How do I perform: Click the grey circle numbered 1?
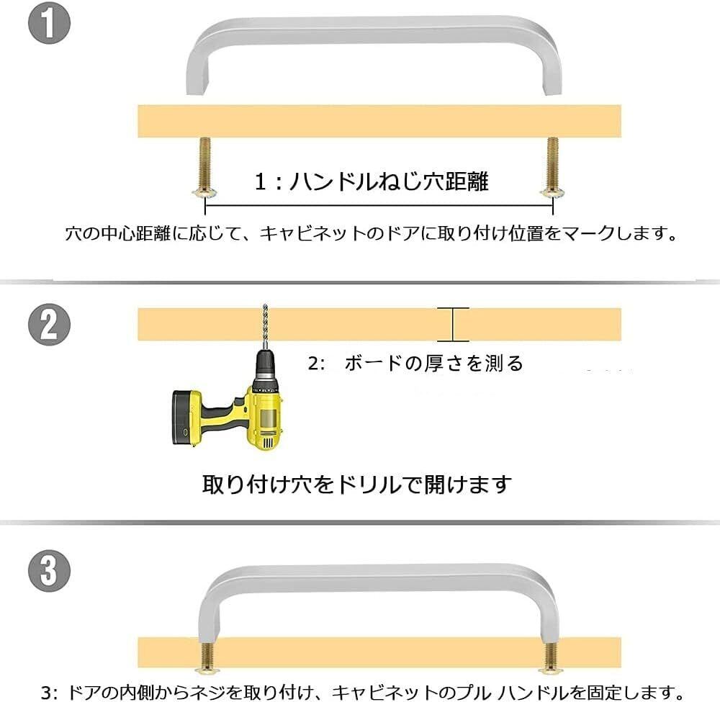(49, 24)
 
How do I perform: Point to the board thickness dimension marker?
(453, 324)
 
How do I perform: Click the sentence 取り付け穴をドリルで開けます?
(357, 485)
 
